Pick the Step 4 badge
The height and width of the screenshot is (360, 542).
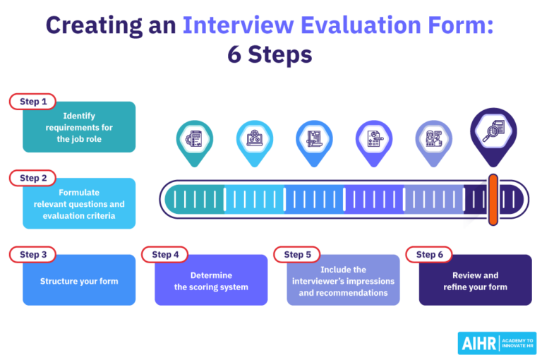pyautogui.click(x=166, y=254)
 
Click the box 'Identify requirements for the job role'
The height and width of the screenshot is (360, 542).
pyautogui.click(x=79, y=128)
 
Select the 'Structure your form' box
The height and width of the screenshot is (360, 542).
pyautogui.click(x=79, y=282)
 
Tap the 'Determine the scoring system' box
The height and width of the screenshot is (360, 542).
pyautogui.click(x=211, y=282)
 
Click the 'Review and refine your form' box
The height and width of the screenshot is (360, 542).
pyautogui.click(x=475, y=282)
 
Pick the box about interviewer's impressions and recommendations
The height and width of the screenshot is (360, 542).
pyautogui.click(x=343, y=282)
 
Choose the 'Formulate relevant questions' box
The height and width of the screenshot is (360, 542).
pyautogui.click(x=79, y=205)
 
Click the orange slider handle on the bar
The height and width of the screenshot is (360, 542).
pyautogui.click(x=493, y=200)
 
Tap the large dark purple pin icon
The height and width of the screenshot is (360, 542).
pyautogui.click(x=493, y=133)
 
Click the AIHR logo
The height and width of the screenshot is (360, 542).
pyautogui.click(x=497, y=342)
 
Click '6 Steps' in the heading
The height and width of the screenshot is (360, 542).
pyautogui.click(x=270, y=54)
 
